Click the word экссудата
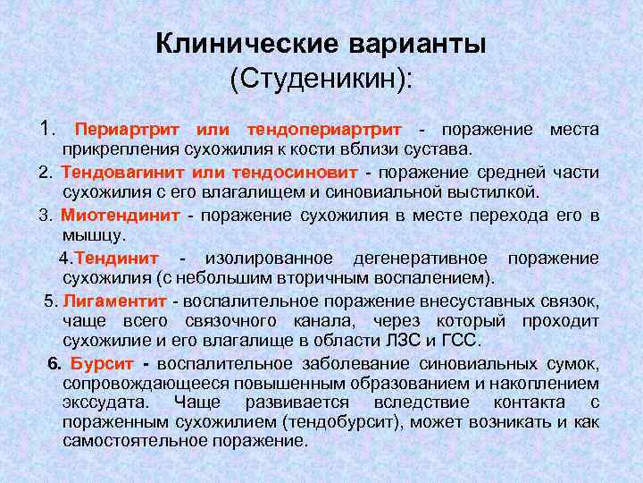click(x=107, y=402)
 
